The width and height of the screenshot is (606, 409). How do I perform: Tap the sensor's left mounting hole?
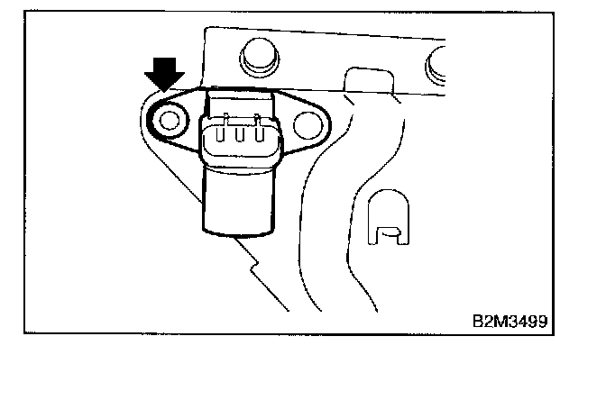[x=168, y=117]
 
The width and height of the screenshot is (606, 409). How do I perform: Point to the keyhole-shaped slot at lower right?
[x=387, y=221]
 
